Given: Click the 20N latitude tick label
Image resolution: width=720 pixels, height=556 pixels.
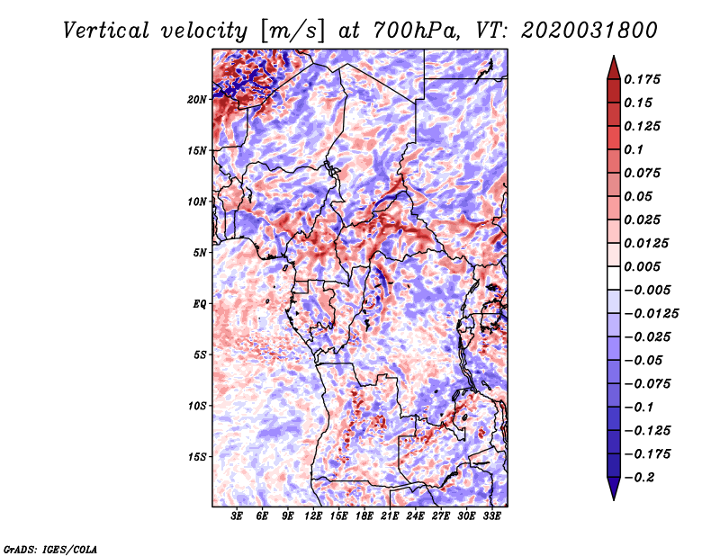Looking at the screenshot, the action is tap(197, 100).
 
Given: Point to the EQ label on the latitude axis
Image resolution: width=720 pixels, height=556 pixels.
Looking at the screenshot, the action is tap(200, 304).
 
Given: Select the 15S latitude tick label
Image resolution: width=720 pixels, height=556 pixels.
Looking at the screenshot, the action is tap(197, 457).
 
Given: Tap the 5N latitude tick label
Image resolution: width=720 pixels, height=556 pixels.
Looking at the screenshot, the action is tap(200, 253).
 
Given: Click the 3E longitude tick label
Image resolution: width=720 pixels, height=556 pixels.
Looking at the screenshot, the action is tap(237, 516).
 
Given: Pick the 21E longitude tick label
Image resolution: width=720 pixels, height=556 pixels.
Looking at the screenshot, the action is tap(390, 516).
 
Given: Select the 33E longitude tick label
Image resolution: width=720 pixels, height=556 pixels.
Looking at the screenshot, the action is tap(491, 516).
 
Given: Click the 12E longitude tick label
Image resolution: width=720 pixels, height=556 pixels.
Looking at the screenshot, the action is tap(312, 516).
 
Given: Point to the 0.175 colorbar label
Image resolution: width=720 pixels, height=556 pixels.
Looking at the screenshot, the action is tap(642, 79).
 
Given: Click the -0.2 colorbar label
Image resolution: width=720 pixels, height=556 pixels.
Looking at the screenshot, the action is tap(638, 478).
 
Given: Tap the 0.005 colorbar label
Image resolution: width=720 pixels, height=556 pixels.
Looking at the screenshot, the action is tap(642, 266).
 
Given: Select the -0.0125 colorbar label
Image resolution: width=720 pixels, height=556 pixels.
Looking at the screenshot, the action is tap(651, 314).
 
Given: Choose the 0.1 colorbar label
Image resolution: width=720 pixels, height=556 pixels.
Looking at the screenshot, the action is tap(634, 149).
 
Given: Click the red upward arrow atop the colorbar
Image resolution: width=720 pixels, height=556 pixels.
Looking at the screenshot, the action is tap(614, 67).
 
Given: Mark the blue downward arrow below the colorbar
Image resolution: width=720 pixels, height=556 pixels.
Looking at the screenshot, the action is tap(614, 489).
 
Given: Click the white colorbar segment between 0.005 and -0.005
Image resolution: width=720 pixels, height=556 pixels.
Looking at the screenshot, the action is tap(614, 278).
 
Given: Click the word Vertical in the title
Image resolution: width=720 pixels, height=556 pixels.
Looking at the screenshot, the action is tap(105, 31).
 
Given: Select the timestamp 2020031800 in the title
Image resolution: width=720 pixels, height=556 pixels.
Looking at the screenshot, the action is tap(589, 31).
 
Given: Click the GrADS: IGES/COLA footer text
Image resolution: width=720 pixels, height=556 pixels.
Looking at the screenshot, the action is tap(50, 550).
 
